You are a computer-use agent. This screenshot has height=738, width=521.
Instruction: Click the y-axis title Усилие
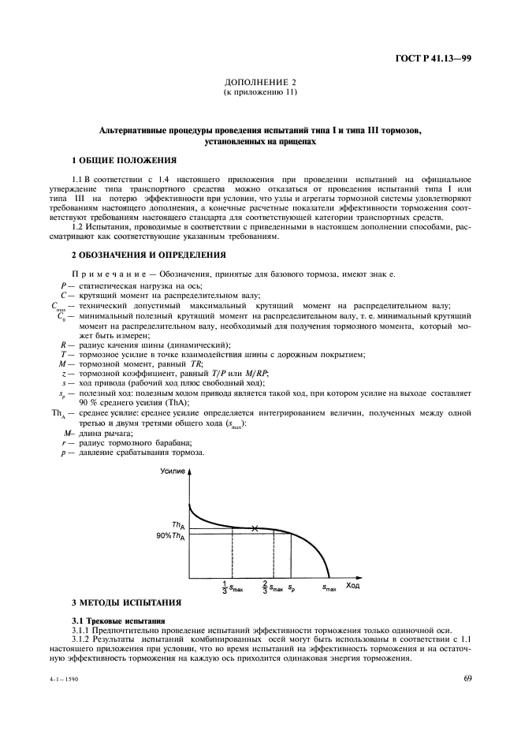pyautogui.click(x=173, y=471)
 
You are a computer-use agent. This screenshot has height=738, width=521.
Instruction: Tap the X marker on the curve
pyautogui.click(x=254, y=528)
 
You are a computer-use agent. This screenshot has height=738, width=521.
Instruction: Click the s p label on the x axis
pyautogui.click(x=292, y=587)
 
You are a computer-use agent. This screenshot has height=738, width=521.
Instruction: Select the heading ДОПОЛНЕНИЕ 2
pyautogui.click(x=260, y=82)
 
